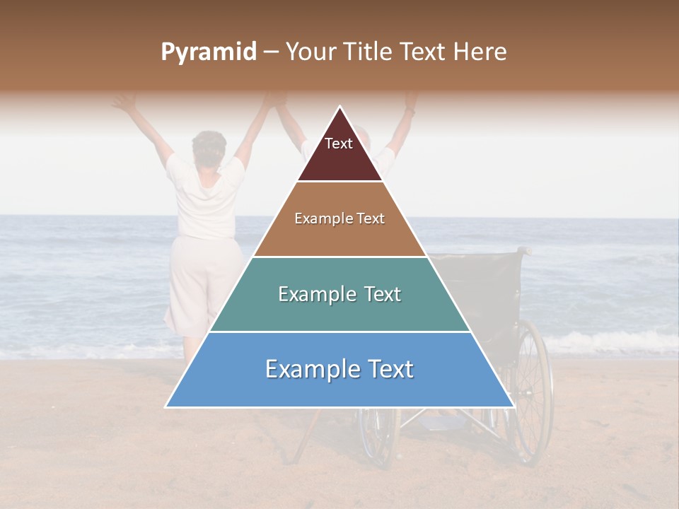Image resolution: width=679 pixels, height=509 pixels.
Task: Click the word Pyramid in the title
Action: click(208, 52)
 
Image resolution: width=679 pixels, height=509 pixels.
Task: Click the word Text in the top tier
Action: click(339, 144)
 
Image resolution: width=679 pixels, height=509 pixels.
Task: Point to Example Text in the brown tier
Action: click(339, 218)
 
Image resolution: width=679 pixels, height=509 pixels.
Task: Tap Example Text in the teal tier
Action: click(339, 294)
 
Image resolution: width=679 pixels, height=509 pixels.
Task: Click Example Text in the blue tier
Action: click(339, 369)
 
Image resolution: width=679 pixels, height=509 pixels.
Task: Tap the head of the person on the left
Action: click(209, 146)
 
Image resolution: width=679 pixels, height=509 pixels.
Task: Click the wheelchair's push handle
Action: click(523, 250)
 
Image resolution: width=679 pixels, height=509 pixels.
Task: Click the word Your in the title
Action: click(311, 52)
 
